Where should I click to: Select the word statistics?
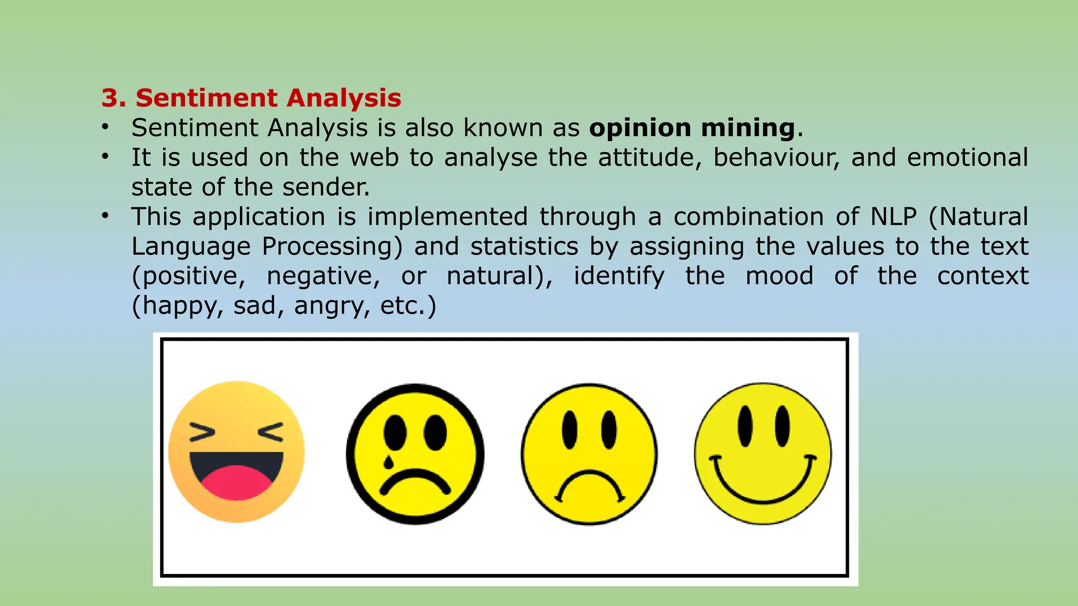[524, 246]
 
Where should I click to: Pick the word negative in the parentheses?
[323, 276]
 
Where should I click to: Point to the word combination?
[748, 217]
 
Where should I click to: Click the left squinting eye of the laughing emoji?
[202, 432]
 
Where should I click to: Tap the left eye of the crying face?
[395, 432]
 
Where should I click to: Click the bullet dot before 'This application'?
[106, 216]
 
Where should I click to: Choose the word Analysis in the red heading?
[344, 98]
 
